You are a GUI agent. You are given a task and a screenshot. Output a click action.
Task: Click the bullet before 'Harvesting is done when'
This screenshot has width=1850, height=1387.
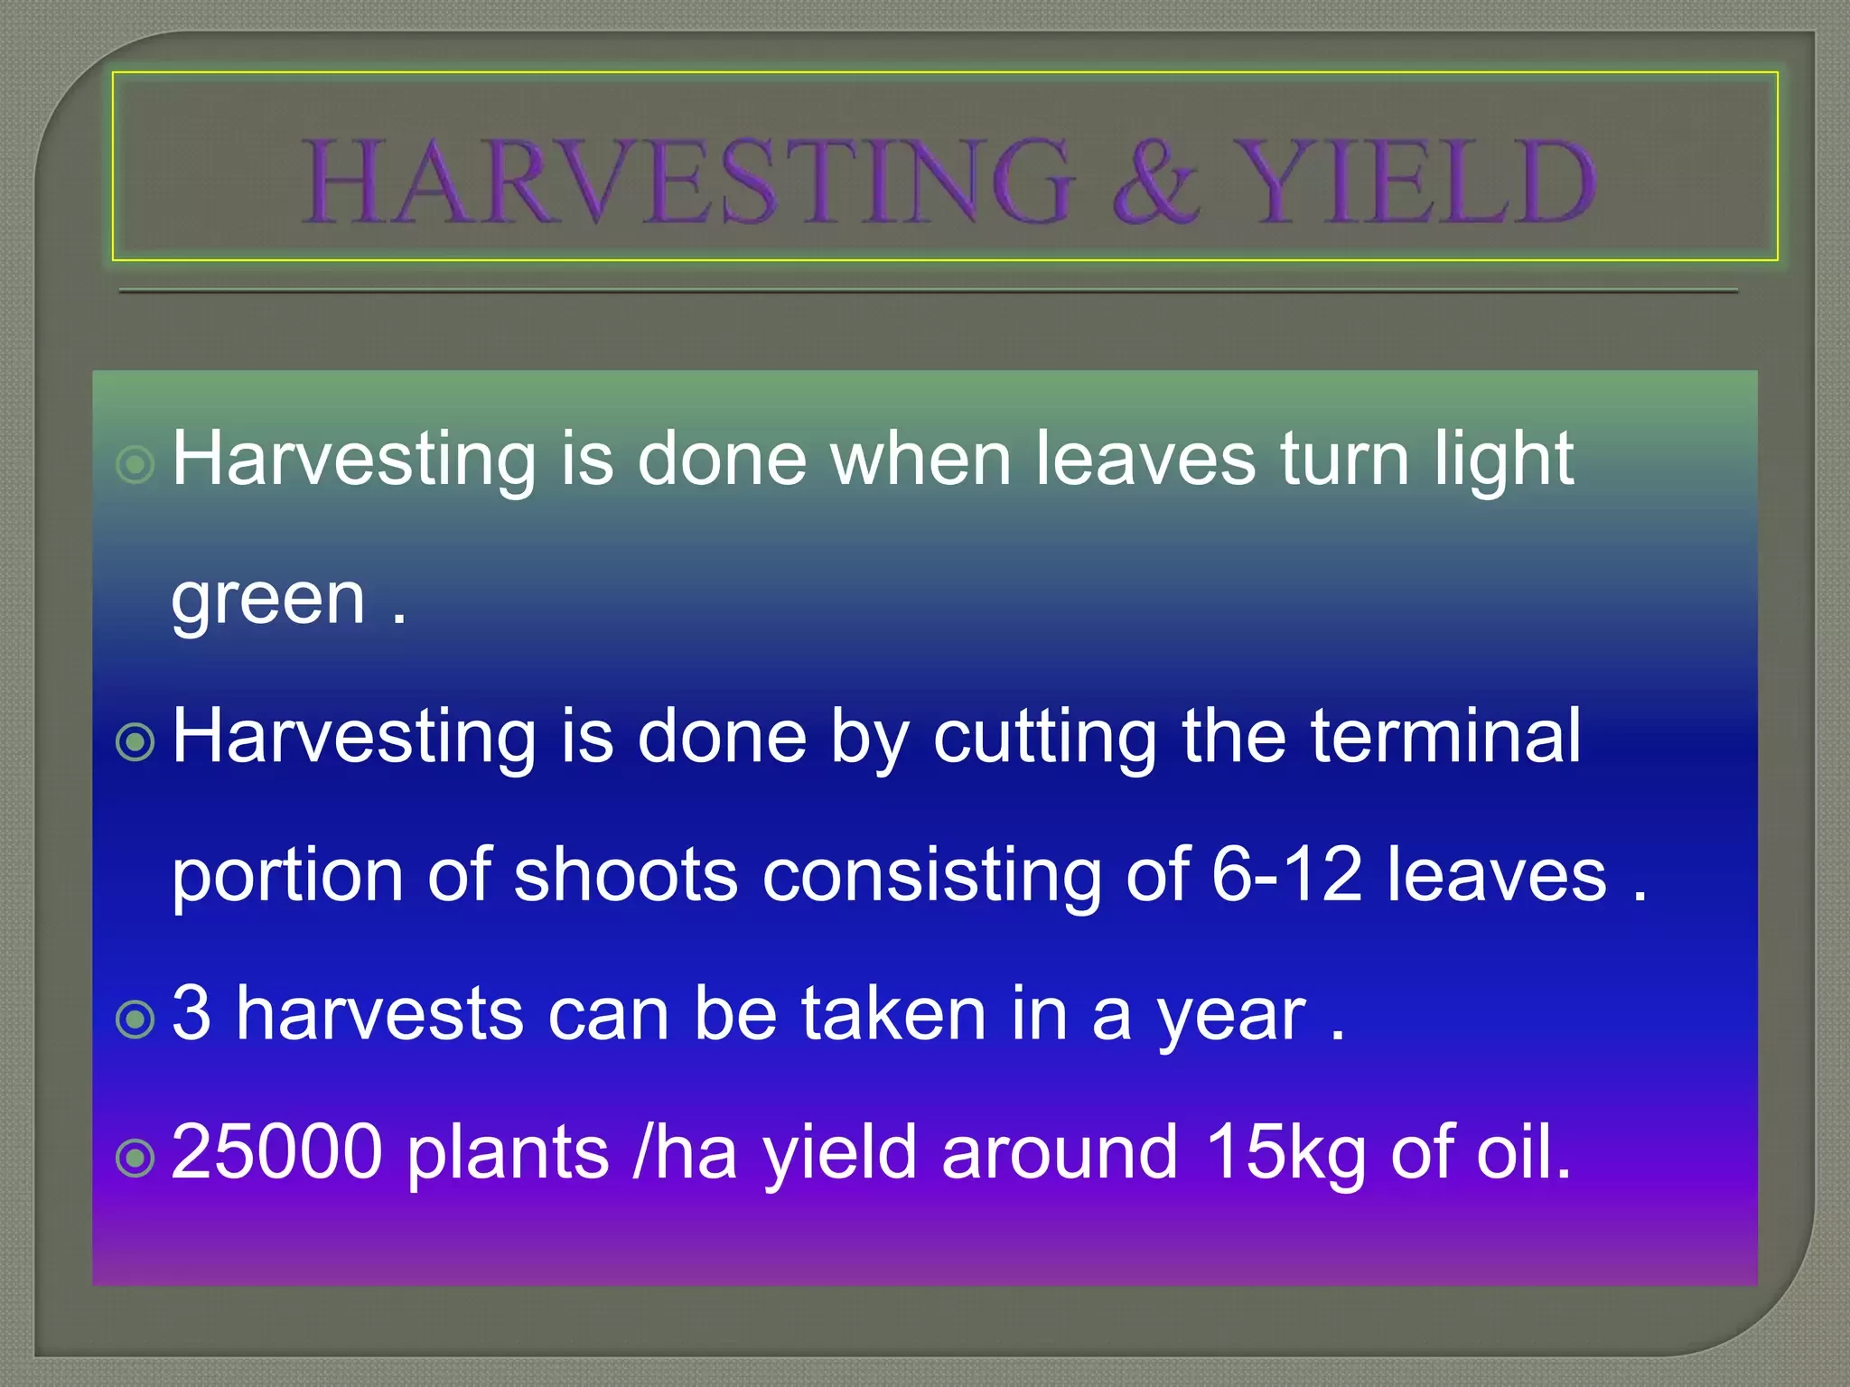pos(136,466)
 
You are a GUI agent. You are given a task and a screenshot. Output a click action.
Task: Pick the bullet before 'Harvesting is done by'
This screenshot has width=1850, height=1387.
pos(136,743)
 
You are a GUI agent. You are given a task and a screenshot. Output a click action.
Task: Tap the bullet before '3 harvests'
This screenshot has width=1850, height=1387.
pos(136,1019)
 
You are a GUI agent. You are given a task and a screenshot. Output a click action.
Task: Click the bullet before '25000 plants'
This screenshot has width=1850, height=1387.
pos(136,1159)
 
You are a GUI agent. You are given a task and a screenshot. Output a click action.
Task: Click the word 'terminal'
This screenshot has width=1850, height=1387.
pos(1446,736)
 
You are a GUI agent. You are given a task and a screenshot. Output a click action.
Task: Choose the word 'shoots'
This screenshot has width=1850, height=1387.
pos(626,875)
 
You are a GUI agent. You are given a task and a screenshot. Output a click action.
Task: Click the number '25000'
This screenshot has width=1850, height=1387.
pos(276,1152)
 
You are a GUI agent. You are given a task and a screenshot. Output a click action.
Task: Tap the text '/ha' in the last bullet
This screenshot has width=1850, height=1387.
pos(686,1151)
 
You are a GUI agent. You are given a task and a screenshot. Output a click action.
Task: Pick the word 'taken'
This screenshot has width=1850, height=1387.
pos(894,1013)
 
